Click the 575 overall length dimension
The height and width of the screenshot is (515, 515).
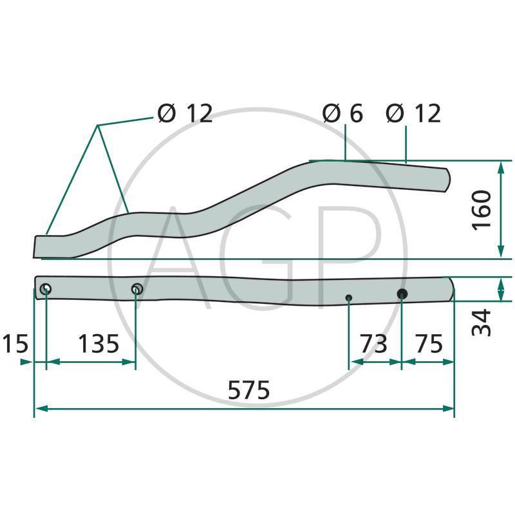coord(248,390)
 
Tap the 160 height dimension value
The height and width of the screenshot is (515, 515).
coord(482,211)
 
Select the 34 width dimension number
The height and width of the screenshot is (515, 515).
coord(482,323)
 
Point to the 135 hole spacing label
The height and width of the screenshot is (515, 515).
coord(98,344)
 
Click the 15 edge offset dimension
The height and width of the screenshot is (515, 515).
coord(15,344)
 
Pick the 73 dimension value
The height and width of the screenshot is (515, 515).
coord(374,344)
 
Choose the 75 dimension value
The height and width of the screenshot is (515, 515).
coord(429,344)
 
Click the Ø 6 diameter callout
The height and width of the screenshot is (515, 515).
coord(342,114)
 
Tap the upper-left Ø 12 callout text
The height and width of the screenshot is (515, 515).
coord(185,114)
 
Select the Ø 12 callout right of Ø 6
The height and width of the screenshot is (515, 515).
coord(413,114)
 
